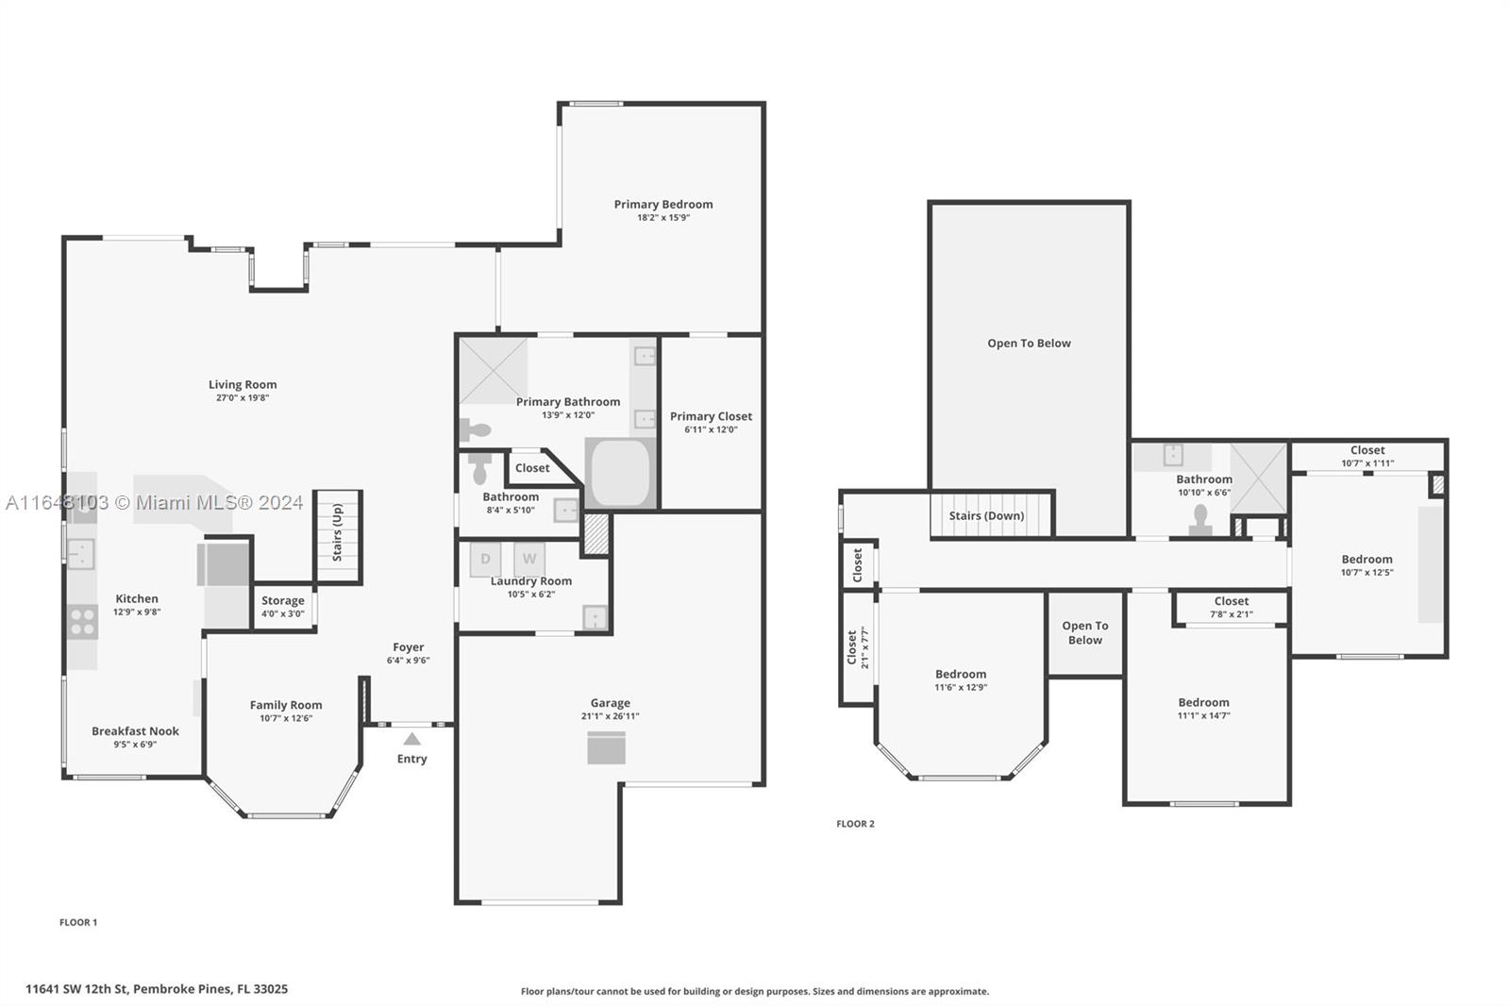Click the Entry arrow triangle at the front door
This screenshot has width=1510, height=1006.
click(x=411, y=739)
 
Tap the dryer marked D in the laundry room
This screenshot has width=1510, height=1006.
click(x=485, y=559)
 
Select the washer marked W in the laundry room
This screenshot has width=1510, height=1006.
click(x=529, y=559)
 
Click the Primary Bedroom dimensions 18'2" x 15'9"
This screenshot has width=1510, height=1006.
click(x=663, y=218)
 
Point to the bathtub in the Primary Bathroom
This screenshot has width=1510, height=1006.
click(x=620, y=473)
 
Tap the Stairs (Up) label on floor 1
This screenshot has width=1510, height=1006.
click(x=337, y=532)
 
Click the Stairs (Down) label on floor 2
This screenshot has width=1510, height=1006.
click(x=986, y=516)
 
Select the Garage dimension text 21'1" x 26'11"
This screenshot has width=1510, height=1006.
click(x=610, y=716)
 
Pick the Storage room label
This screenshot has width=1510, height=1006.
click(x=283, y=601)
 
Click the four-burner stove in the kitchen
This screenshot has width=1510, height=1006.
click(x=82, y=622)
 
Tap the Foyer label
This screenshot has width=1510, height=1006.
click(x=409, y=647)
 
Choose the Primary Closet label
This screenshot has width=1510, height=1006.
click(x=712, y=417)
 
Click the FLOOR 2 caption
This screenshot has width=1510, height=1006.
click(x=855, y=824)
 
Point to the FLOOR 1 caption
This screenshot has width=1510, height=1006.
click(x=78, y=922)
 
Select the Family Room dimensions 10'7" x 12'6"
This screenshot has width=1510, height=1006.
click(x=286, y=718)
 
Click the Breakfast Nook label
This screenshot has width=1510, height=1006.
click(x=136, y=730)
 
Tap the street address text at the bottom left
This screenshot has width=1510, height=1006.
click(x=157, y=989)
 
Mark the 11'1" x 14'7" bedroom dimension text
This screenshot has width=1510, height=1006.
click(x=1204, y=715)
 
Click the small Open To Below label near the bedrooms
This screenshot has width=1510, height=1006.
click(x=1085, y=633)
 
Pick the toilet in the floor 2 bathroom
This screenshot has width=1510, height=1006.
click(x=1200, y=521)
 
